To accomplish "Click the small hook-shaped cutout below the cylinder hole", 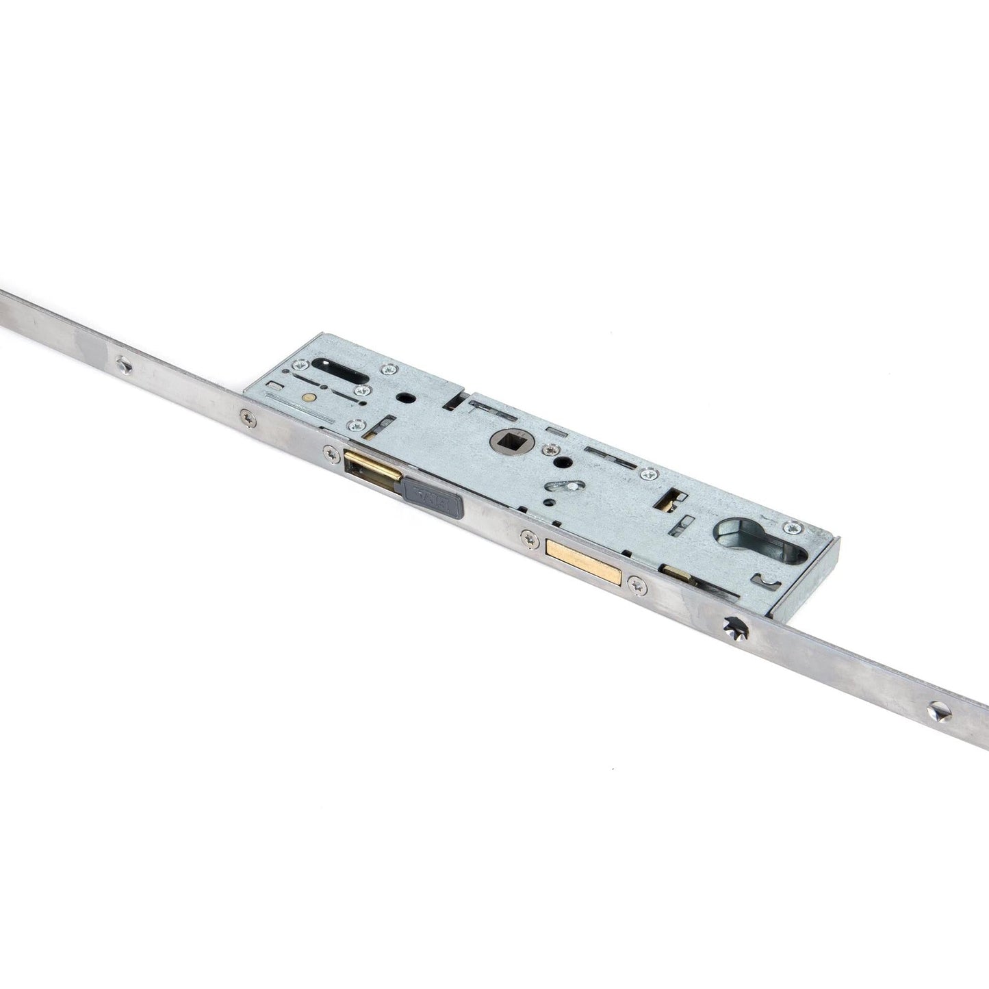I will [759, 580].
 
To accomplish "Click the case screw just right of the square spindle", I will [549, 450].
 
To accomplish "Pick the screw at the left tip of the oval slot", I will [298, 365].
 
